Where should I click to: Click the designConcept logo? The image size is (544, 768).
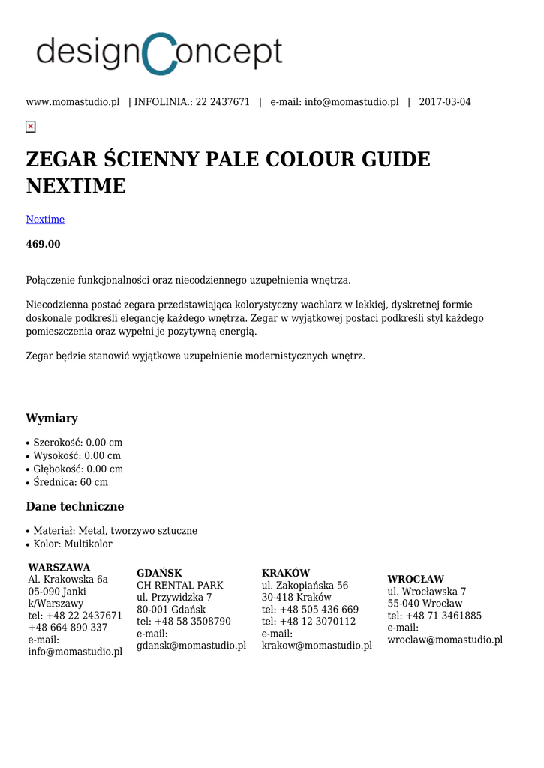159,53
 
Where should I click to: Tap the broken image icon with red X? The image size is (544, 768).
31,127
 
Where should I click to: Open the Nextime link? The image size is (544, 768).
45,220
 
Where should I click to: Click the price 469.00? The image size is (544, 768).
43,244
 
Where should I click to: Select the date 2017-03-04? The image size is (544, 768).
445,102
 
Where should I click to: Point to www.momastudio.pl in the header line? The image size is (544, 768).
73,102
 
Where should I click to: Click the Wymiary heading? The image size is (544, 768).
52,418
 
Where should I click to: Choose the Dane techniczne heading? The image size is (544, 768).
75,506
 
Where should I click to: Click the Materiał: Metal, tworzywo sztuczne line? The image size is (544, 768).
115,531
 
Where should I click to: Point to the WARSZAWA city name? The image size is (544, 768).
59,568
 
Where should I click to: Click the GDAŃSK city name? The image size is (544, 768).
159,573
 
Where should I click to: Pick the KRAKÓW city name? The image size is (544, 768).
286,573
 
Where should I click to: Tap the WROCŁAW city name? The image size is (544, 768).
416,580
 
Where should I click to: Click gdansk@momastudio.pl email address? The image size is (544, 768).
191,646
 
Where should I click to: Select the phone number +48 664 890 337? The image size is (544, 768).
68,628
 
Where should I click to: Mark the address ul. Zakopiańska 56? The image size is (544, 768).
305,586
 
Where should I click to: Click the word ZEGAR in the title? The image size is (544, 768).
62,160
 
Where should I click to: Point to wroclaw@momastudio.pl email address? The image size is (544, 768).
445,640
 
